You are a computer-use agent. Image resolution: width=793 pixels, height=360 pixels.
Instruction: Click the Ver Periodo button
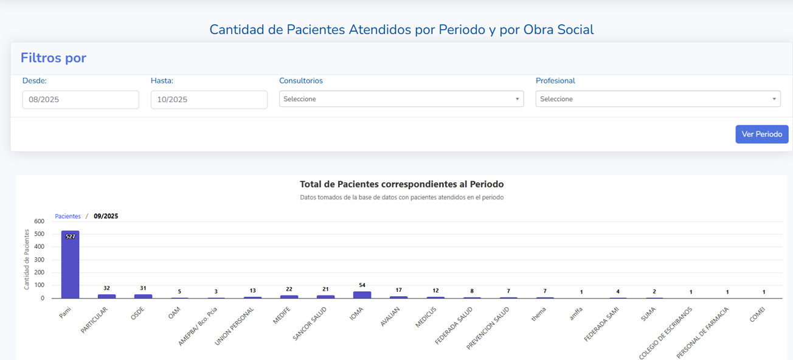point(761,134)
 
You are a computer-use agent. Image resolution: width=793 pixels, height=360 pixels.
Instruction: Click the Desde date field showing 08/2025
point(80,100)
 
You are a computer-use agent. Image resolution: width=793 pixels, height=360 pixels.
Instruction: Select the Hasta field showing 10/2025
point(209,100)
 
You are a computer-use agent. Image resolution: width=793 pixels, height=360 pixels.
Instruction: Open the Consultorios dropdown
point(401,99)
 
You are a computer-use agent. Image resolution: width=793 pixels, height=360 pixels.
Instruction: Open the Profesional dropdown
point(657,99)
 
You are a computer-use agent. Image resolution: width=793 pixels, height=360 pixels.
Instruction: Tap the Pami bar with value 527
point(70,265)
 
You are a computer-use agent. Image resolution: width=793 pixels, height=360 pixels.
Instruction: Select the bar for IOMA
point(362,295)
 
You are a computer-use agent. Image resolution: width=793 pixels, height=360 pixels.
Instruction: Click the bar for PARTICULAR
point(106,296)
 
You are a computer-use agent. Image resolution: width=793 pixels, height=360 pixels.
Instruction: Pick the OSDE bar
point(143,296)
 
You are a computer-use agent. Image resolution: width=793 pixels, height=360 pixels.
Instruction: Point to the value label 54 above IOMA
point(362,285)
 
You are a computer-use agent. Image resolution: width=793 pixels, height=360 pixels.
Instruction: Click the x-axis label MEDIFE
point(281,316)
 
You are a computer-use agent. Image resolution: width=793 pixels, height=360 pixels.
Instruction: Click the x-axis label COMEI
point(757,314)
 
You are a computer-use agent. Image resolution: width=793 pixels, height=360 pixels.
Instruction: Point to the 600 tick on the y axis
point(39,221)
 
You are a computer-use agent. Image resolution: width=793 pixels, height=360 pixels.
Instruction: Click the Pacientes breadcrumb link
point(68,216)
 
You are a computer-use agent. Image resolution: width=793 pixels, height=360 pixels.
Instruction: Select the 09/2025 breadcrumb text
point(106,216)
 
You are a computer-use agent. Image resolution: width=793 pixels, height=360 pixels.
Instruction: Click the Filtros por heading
point(54,58)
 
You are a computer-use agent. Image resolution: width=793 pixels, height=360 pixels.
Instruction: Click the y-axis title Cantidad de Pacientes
point(27,259)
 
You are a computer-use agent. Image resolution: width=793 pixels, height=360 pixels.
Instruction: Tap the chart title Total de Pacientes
point(401,184)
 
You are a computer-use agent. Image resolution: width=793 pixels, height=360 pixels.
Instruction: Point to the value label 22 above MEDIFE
point(289,289)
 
